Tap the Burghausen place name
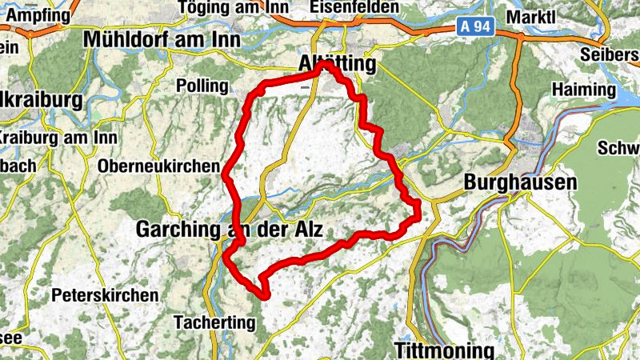(520, 182)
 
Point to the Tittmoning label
(444, 350)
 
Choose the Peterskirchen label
(105, 295)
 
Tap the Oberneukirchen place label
(158, 166)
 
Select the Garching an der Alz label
(229, 230)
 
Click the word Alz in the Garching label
(306, 230)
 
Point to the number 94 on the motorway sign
(485, 27)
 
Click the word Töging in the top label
(206, 7)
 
